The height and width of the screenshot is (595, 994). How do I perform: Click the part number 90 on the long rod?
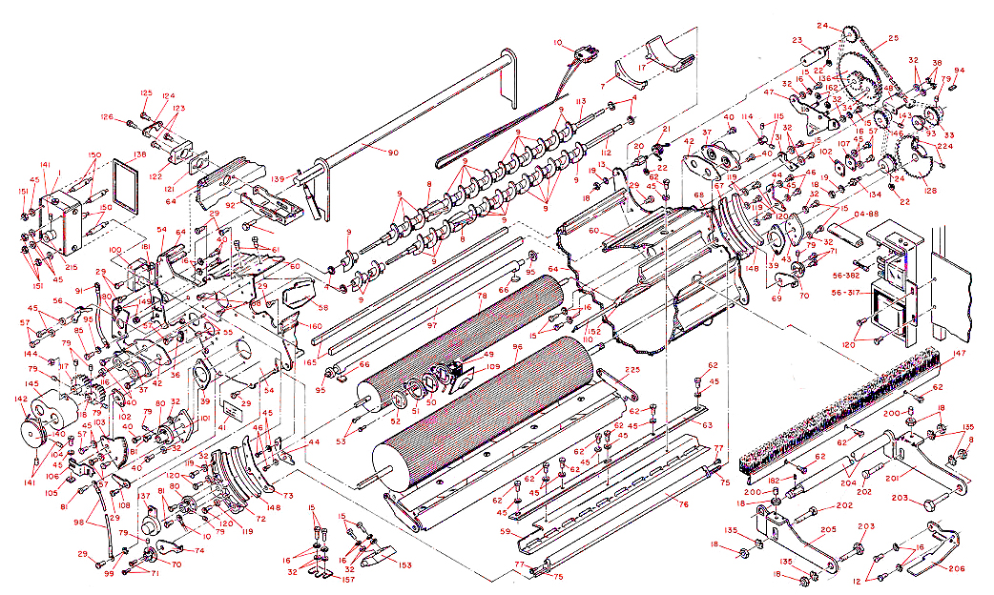point(392,152)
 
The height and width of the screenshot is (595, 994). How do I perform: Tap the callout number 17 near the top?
point(642,68)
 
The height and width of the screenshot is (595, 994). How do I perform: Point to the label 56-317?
point(845,293)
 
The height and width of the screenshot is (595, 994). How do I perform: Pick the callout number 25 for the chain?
point(893,39)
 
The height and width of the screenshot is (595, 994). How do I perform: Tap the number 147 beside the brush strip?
point(958,354)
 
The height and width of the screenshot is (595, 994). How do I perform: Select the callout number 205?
point(828,530)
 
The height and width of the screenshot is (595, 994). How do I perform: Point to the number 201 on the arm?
point(893,478)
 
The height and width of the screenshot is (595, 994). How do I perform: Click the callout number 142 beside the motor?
point(20,400)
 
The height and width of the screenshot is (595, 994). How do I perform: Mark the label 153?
point(404,565)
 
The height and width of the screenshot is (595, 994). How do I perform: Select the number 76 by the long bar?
point(682,505)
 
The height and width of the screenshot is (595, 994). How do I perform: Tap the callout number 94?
point(959,71)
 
